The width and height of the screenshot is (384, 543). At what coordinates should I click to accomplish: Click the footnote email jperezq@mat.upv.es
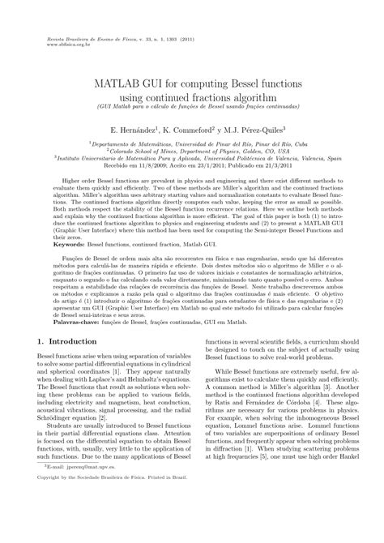[81, 513]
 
